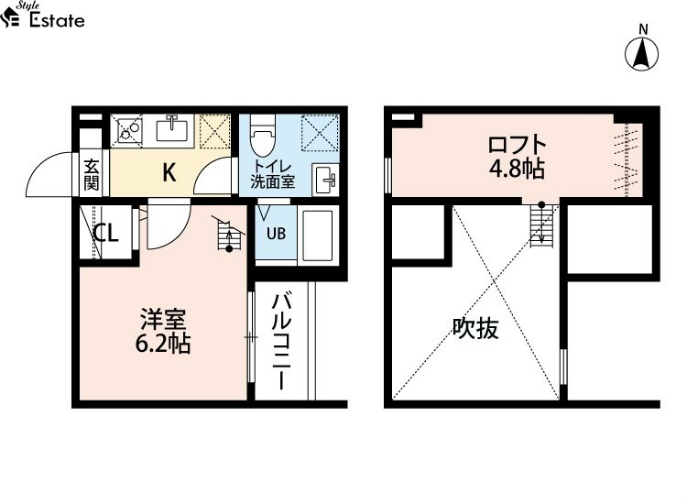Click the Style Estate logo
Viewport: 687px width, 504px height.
[42, 15]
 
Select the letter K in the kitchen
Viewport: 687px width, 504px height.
[169, 172]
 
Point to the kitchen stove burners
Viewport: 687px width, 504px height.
[127, 130]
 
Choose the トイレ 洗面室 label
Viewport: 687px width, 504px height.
[273, 174]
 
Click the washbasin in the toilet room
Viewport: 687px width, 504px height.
[325, 180]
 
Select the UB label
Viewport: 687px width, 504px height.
[276, 234]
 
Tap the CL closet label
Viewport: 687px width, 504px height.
[106, 233]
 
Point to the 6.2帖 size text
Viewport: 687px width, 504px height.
[163, 344]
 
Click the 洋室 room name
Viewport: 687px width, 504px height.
[163, 320]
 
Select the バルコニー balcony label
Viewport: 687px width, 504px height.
[281, 342]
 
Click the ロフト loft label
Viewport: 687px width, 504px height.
[517, 145]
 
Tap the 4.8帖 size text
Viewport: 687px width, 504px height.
[517, 169]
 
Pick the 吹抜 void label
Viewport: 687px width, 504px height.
[475, 328]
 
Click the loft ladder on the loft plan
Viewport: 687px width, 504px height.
[542, 225]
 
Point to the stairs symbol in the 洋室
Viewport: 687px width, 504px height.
[229, 235]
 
